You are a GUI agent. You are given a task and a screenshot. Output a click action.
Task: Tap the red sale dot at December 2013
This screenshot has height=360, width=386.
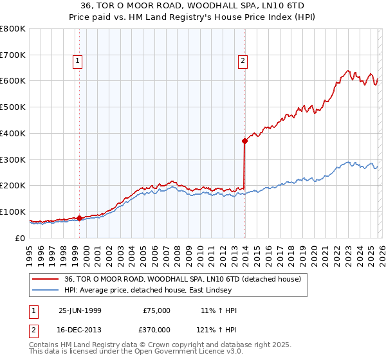tap(244, 140)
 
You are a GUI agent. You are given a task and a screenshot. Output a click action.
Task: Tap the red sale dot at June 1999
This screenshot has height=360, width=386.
tap(80, 218)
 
